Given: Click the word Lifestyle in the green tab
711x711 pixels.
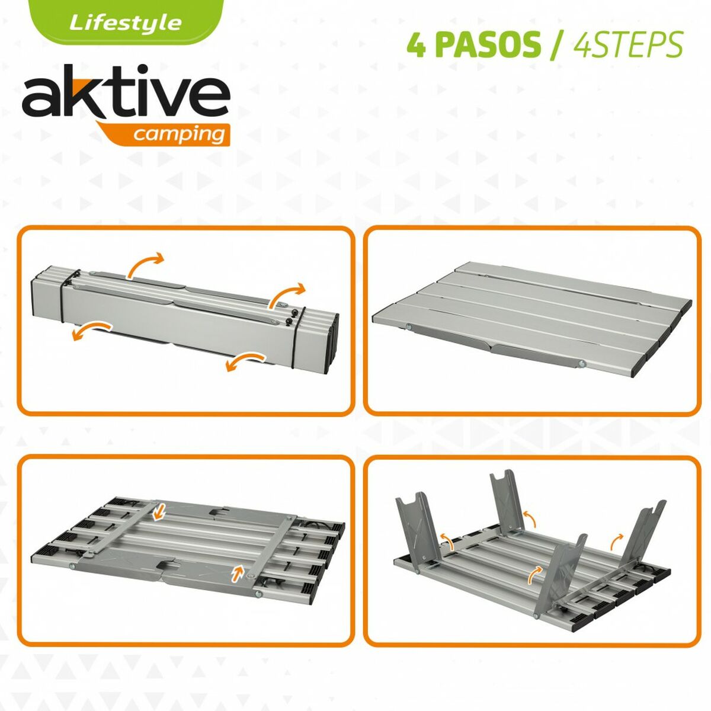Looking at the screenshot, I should point(125,23).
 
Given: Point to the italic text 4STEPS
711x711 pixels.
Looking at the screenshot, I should point(628,45).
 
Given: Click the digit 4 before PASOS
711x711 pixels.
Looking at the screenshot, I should point(417,45).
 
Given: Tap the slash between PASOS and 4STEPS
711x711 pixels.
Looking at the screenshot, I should point(554,45).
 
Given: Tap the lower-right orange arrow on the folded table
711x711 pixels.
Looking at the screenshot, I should point(245,361).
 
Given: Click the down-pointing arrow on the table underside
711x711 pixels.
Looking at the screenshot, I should point(158,513).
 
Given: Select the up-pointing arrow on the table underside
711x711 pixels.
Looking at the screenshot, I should point(238,572).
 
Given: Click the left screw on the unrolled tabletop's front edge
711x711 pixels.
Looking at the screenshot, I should point(409,327).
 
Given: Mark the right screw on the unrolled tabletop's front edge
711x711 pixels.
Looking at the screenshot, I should point(581,381).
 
